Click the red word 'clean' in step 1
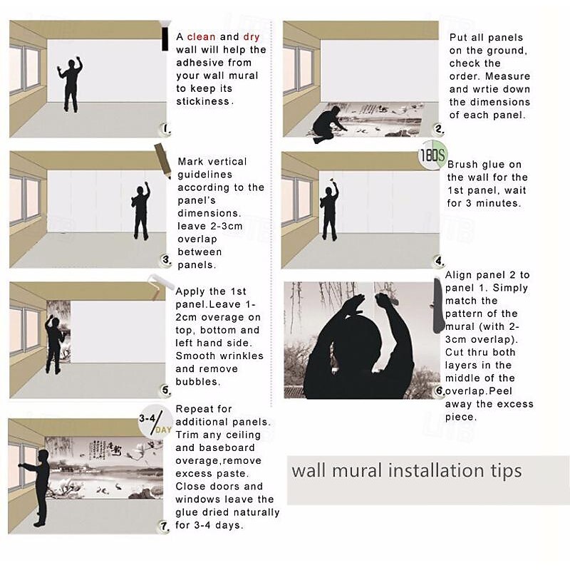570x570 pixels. point(201,37)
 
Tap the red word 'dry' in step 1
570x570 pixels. point(252,37)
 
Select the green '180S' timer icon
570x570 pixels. point(432,155)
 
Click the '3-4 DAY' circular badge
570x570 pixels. point(155,422)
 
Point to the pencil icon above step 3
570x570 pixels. point(162,160)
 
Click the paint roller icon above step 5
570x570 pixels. point(160,286)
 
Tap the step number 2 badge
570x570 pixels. point(439,129)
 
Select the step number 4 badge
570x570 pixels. point(440,261)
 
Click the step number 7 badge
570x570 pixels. point(165,526)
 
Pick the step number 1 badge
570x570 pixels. point(166,128)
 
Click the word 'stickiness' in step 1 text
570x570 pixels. point(203,101)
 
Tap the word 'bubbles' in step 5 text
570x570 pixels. point(197,382)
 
